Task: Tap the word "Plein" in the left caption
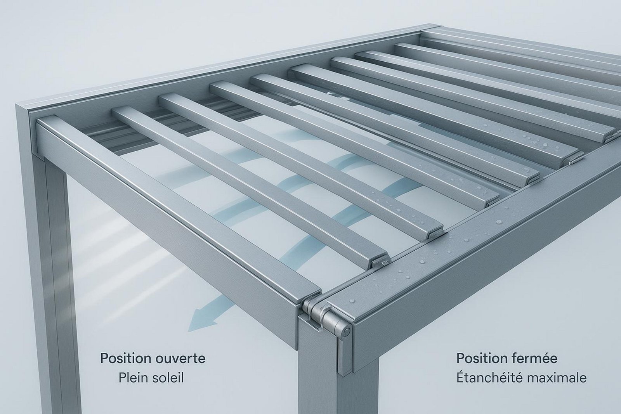pos(132,378)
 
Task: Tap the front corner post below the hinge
pos(319,369)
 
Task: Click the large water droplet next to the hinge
pos(352,300)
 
